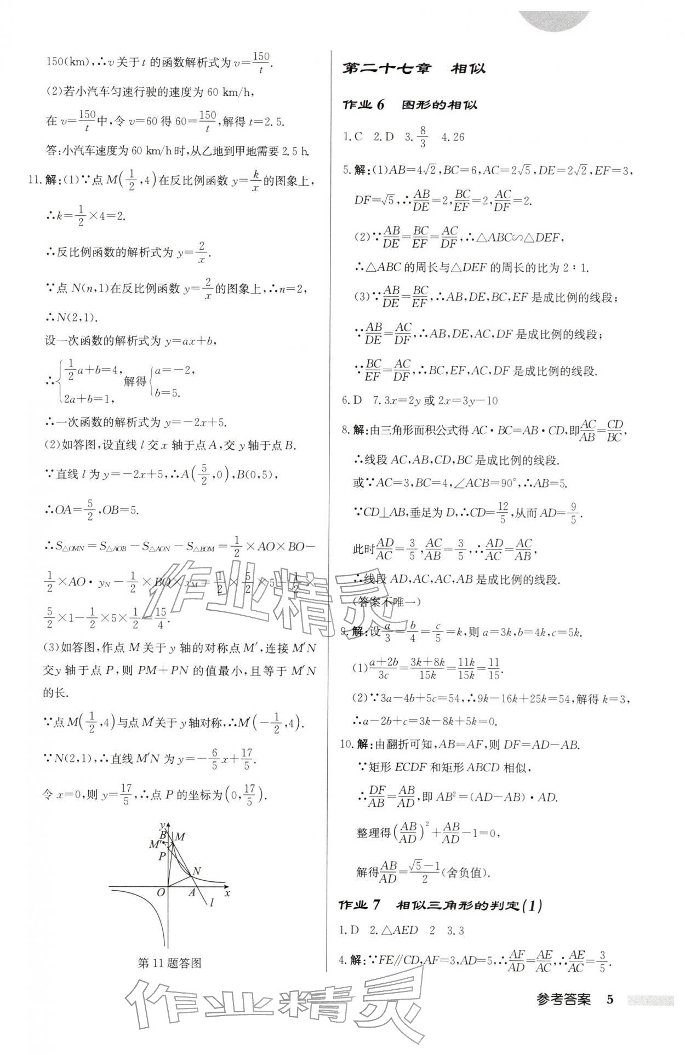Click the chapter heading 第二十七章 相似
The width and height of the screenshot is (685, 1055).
[413, 68]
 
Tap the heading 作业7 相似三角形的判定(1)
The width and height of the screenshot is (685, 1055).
[441, 905]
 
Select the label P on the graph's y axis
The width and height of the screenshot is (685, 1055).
[162, 856]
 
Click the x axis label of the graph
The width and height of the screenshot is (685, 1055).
[227, 893]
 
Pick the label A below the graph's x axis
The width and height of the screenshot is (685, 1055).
[192, 893]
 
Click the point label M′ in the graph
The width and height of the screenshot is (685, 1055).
[155, 844]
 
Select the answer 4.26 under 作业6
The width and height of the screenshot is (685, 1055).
[453, 137]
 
